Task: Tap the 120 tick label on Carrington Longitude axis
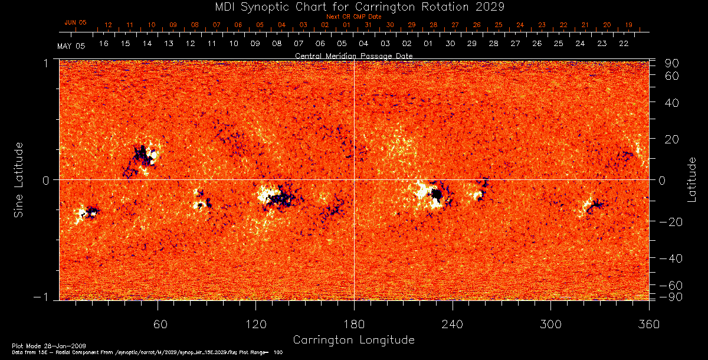click(255, 324)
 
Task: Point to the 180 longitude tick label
click(354, 324)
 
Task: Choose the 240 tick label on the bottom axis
click(452, 324)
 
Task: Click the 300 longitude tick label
click(550, 324)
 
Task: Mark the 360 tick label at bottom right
click(648, 324)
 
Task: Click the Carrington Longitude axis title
click(353, 340)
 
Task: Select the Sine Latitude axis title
click(18, 179)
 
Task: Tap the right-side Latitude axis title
click(691, 179)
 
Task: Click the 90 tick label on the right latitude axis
click(671, 63)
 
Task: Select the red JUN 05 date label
click(75, 22)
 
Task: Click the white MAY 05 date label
click(71, 46)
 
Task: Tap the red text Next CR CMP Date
click(354, 17)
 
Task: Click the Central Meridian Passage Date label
click(354, 55)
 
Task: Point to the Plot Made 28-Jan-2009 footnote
click(49, 345)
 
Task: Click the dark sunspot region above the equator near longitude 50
click(142, 155)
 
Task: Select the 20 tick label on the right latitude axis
click(671, 139)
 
